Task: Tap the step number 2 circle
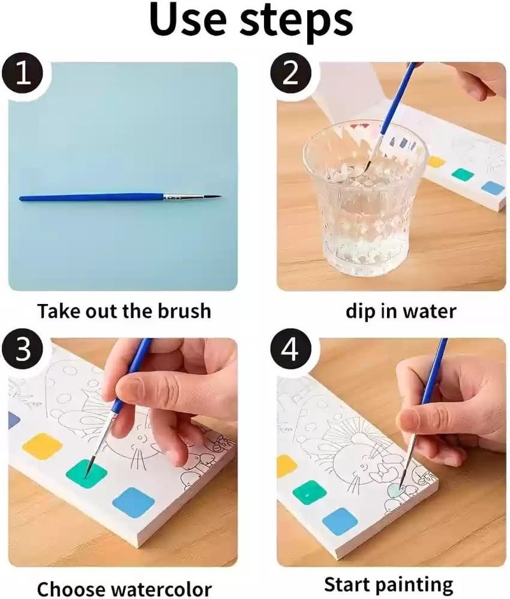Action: point(291,76)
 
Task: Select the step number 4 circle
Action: point(291,352)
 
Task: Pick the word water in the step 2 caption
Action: point(430,311)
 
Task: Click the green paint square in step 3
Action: point(86,473)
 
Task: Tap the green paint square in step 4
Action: point(310,493)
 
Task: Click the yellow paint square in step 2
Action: point(437,161)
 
